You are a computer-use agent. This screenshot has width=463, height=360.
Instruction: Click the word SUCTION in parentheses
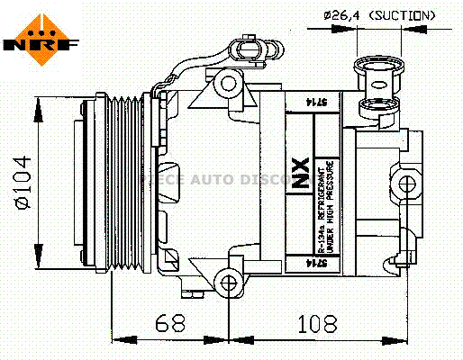pos(404,15)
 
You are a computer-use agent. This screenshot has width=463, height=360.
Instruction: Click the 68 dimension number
pos(168,322)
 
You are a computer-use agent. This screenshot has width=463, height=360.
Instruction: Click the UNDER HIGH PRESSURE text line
pos(332,207)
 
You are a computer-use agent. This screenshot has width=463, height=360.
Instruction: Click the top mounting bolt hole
pos(229,85)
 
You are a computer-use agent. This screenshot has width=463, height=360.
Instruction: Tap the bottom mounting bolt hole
pos(230,284)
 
